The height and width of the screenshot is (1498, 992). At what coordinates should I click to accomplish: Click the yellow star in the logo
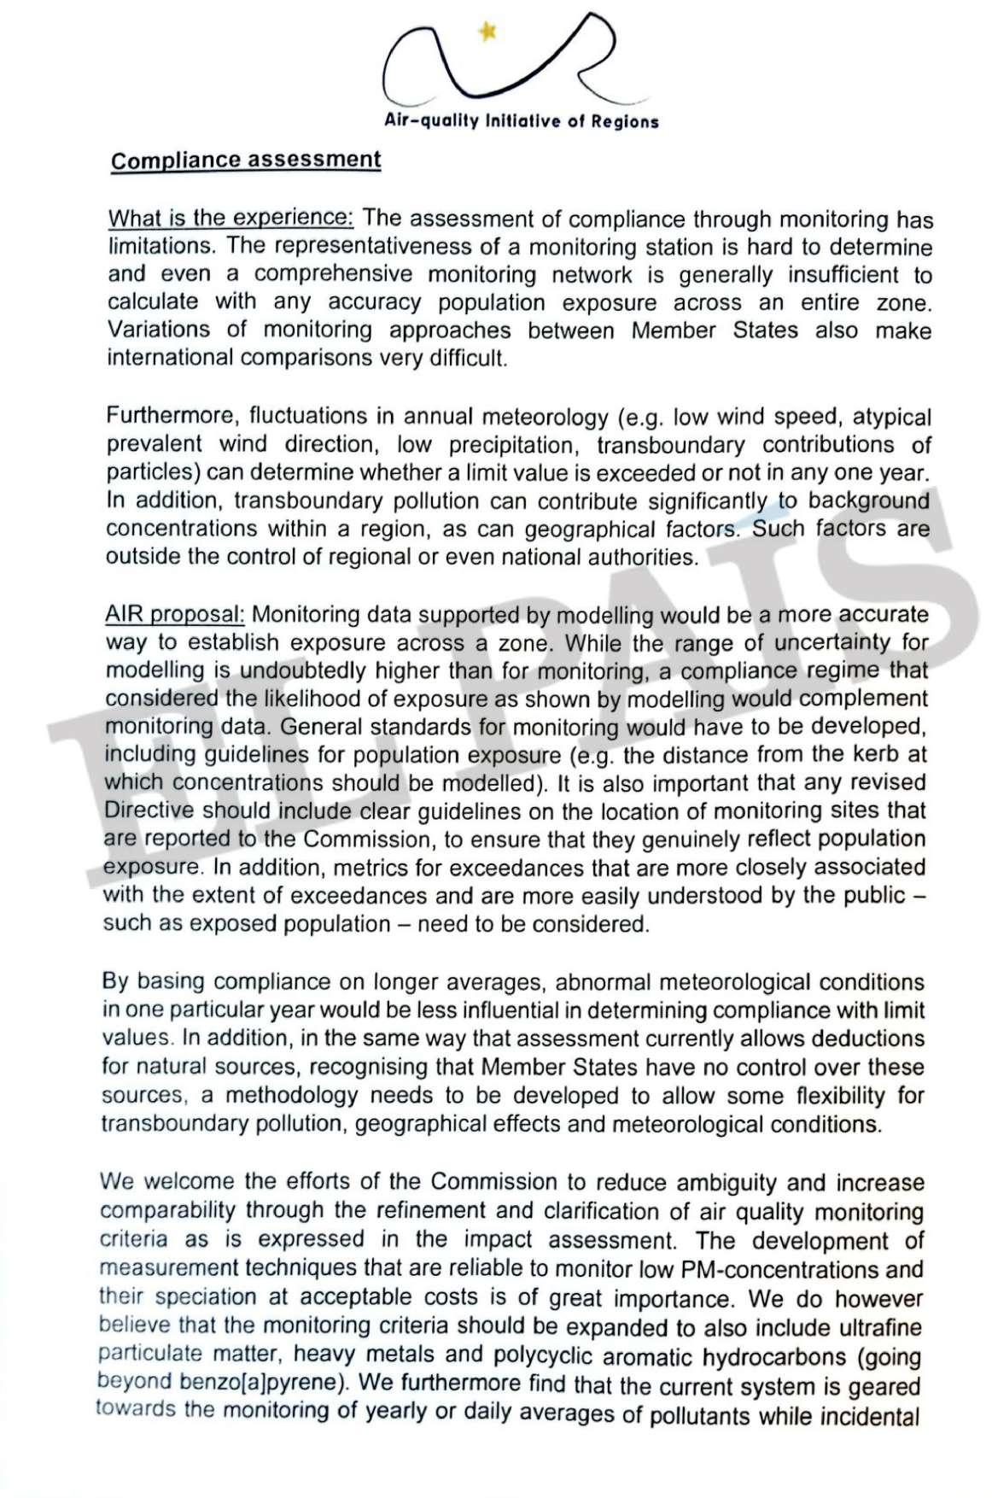(x=487, y=32)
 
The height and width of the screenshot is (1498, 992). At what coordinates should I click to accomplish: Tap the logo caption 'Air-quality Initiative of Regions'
(x=522, y=121)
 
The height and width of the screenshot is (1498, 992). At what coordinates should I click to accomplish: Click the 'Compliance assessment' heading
(x=246, y=161)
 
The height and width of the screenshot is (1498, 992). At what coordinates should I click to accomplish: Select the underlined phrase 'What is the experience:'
(x=230, y=218)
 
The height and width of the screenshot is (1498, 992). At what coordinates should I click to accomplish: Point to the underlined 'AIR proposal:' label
(x=175, y=614)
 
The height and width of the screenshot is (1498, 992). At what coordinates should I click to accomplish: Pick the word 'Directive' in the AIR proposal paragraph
(x=149, y=810)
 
